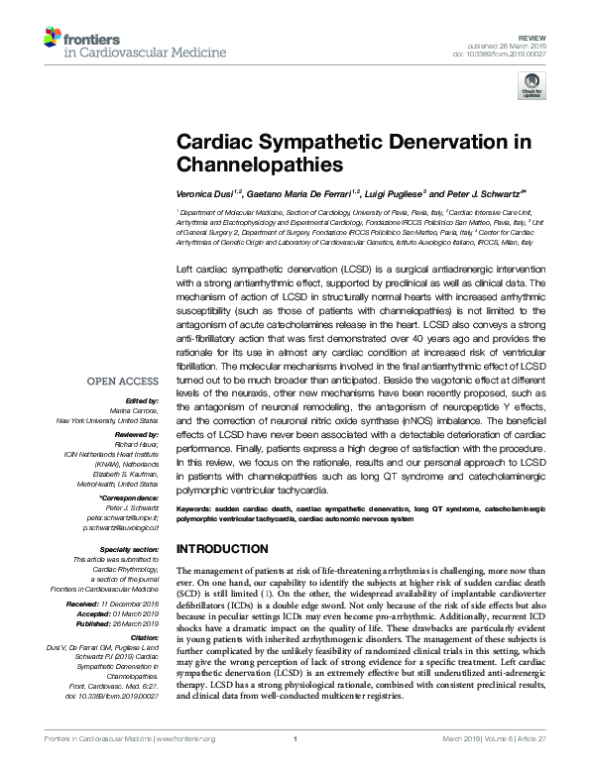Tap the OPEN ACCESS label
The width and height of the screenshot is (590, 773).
click(123, 381)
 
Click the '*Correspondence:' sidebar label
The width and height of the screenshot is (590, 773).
click(127, 497)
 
